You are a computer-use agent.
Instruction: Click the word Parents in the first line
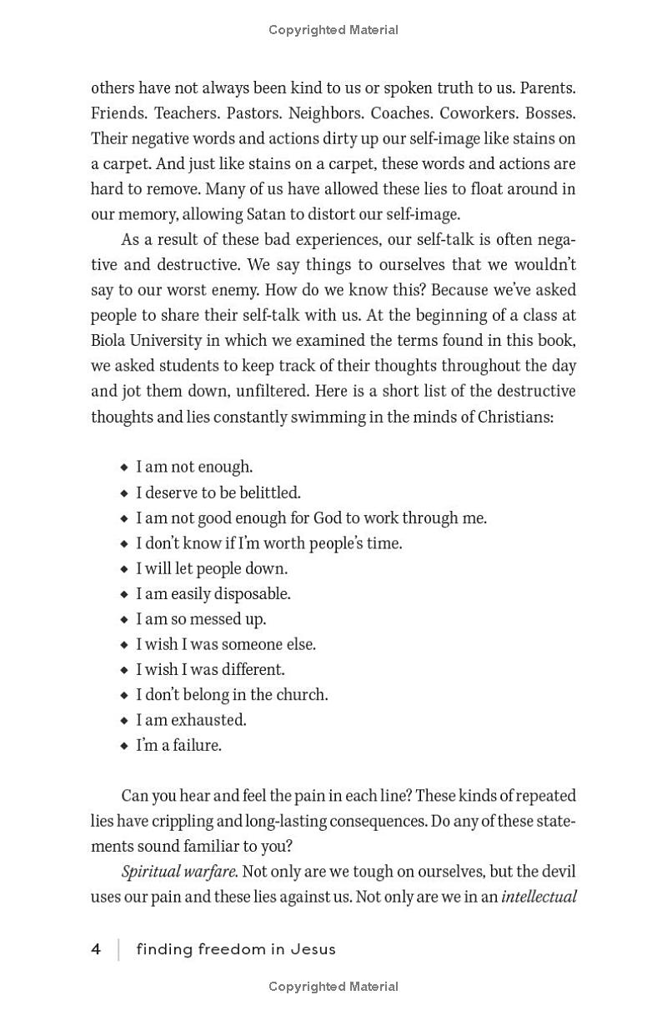[x=548, y=87]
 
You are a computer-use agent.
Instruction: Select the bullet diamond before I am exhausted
[x=124, y=720]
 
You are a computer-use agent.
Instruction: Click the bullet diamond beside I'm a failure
[x=124, y=746]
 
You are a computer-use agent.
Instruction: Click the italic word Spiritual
[x=149, y=872]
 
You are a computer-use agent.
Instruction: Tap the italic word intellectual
[x=539, y=897]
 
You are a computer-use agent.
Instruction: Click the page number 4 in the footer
[x=97, y=949]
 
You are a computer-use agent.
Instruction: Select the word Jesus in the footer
[x=313, y=949]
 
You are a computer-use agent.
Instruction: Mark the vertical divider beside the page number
[x=118, y=949]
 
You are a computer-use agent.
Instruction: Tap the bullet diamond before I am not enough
[x=124, y=467]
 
